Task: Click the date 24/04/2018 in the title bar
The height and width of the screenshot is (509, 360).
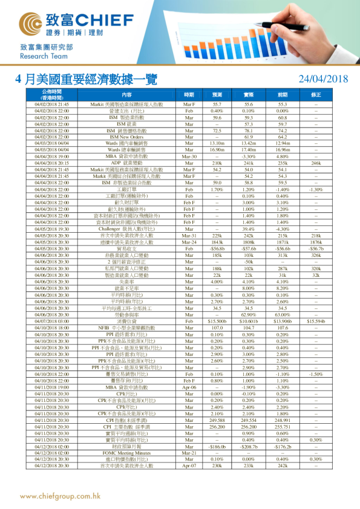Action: (x=324, y=79)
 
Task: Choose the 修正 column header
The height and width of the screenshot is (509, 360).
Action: (x=316, y=95)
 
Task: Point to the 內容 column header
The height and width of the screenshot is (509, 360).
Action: (x=126, y=95)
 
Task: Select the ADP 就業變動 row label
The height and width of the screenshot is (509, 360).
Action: (x=126, y=163)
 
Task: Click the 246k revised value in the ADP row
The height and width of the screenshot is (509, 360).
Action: (x=316, y=163)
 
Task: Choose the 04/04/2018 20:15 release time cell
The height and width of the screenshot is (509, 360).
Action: (x=52, y=163)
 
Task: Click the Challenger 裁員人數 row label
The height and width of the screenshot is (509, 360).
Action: (x=126, y=229)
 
